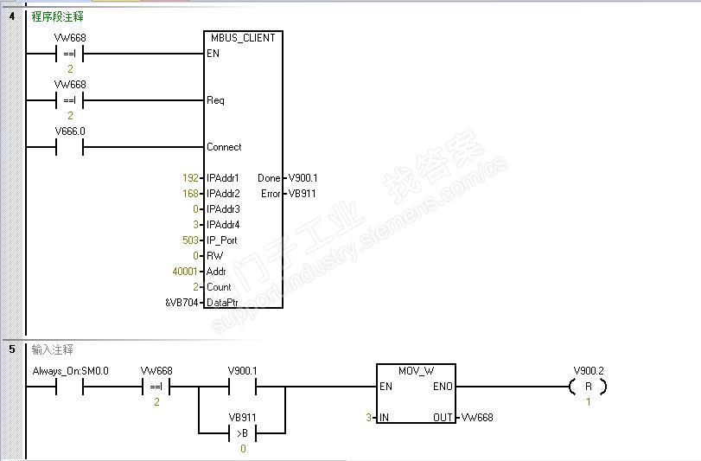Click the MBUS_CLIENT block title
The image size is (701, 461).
(243, 38)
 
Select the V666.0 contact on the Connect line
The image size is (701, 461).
(70, 147)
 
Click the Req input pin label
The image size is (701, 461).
(215, 100)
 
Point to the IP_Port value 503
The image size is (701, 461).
(191, 240)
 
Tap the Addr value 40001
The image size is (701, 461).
(187, 272)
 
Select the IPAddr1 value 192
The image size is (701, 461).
(190, 178)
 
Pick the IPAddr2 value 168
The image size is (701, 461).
(190, 194)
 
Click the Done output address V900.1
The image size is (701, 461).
(302, 178)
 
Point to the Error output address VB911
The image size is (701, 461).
(302, 194)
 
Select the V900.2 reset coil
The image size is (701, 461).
(588, 387)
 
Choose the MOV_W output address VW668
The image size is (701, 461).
(476, 418)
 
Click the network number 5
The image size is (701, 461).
(12, 349)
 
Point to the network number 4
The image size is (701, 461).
(12, 16)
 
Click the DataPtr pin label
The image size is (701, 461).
(223, 303)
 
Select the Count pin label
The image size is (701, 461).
(219, 287)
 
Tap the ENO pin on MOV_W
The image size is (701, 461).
(442, 387)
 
